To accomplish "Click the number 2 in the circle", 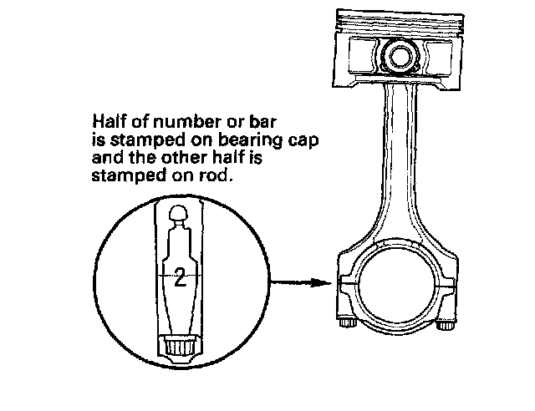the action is tap(180, 279).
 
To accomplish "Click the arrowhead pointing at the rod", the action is tap(327, 282).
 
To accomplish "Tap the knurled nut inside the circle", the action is tap(179, 345).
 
